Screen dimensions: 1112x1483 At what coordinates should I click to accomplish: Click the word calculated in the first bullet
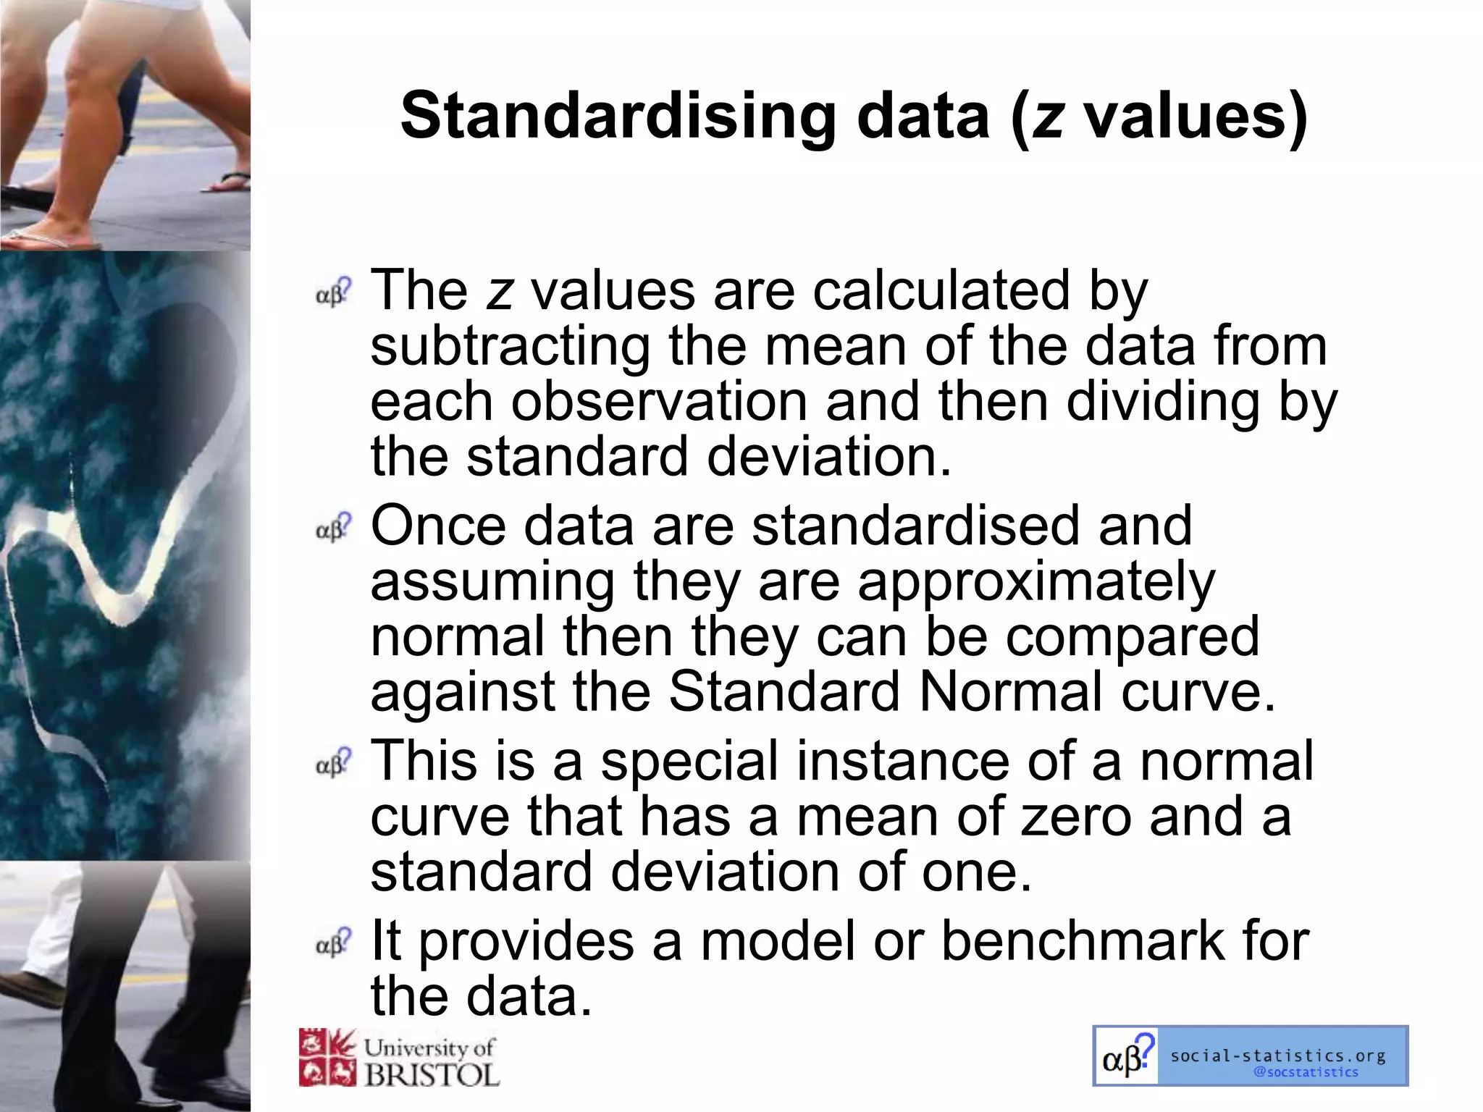(941, 291)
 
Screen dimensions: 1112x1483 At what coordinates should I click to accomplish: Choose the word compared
(1133, 637)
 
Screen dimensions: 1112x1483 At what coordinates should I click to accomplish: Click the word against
(463, 694)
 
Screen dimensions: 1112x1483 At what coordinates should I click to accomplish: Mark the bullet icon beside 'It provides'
(333, 942)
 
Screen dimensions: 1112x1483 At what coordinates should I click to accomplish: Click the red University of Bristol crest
(327, 1058)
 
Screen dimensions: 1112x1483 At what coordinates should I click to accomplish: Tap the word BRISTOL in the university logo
(432, 1075)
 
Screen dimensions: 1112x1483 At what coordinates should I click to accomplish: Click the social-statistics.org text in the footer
(1277, 1056)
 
